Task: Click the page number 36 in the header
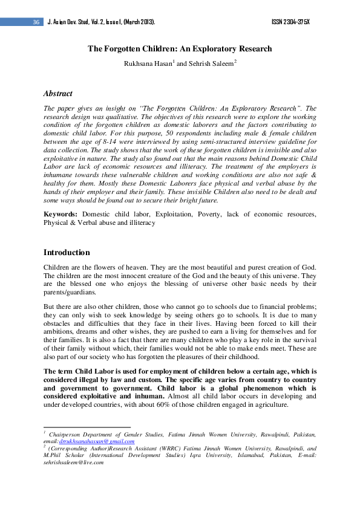click(36, 22)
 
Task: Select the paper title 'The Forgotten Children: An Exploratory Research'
click(180, 49)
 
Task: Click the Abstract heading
click(58, 94)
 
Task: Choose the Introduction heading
click(67, 252)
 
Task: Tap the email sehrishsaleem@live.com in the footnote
click(70, 462)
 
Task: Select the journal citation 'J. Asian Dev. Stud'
click(70, 22)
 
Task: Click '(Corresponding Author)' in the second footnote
click(81, 449)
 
